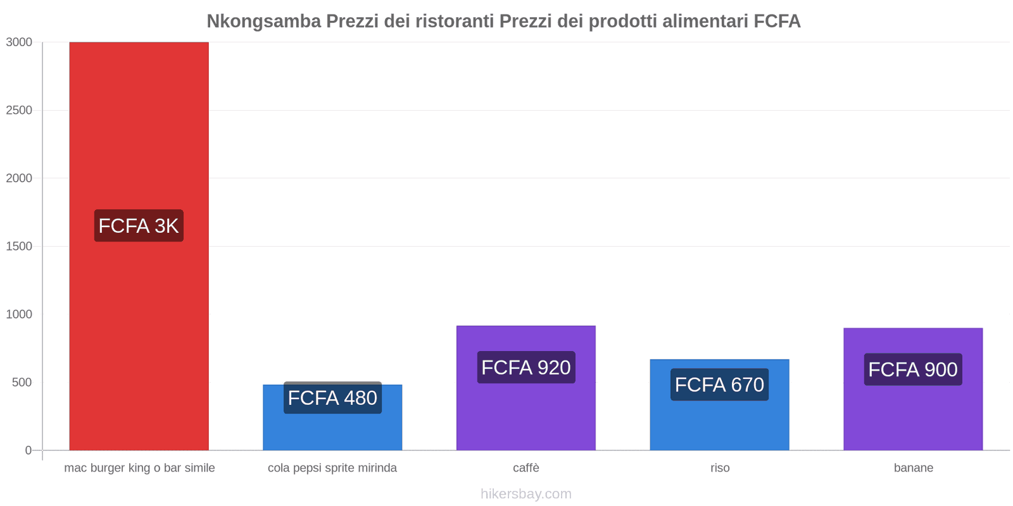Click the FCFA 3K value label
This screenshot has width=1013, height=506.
coord(139,226)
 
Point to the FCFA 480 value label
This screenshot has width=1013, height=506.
coord(332,398)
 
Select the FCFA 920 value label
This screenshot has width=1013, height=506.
coord(525,367)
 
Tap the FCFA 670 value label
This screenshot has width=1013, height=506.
coord(719,385)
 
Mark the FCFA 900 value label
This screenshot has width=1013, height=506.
coord(912,369)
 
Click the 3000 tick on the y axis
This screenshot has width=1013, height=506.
coord(19,42)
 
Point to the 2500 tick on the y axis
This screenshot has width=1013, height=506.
coord(19,110)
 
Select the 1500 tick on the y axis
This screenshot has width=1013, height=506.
coord(19,246)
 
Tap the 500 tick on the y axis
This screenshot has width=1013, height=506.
coord(22,382)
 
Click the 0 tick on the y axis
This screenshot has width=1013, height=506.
coord(28,450)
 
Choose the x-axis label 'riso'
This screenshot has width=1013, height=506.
coord(720,468)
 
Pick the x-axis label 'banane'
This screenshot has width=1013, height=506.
coord(913,468)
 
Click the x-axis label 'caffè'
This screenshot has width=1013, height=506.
coord(526,468)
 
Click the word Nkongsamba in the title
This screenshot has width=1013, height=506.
coord(264,22)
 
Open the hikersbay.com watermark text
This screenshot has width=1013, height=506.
coord(525,494)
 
